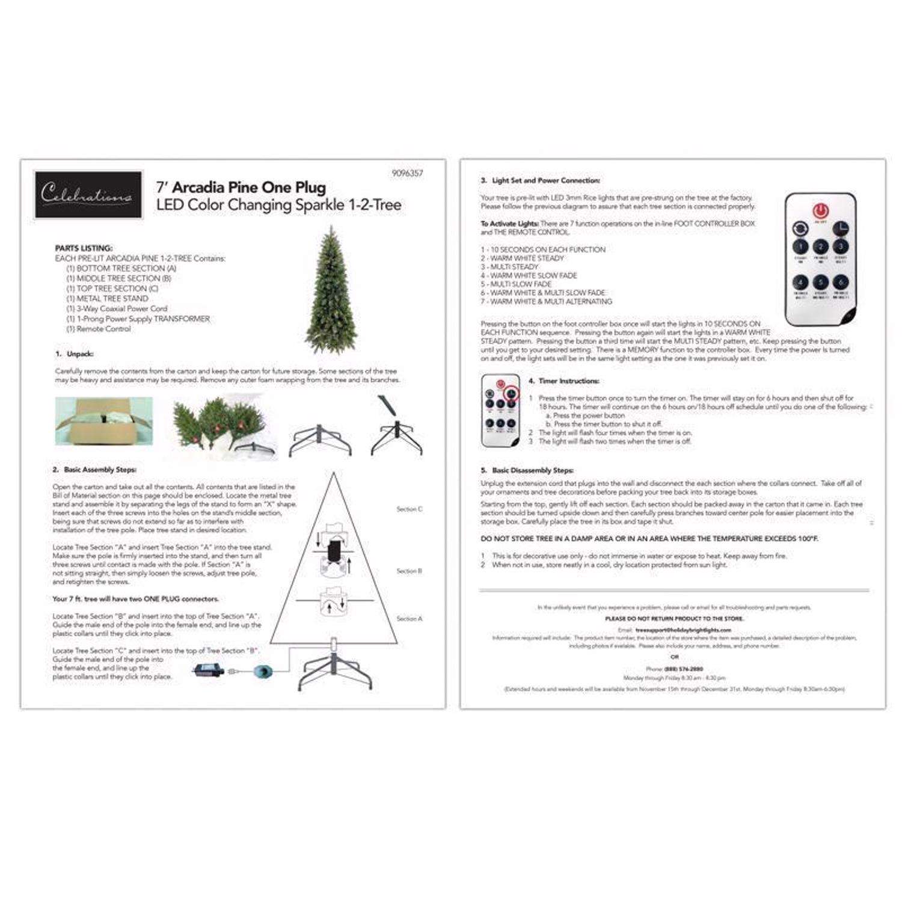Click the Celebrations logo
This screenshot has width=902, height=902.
click(88, 194)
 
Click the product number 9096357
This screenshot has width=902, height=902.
click(407, 173)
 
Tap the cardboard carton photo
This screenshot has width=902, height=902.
click(103, 421)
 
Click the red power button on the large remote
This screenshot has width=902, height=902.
click(821, 211)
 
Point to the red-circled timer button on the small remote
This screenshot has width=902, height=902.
click(511, 393)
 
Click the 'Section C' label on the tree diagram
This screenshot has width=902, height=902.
click(410, 509)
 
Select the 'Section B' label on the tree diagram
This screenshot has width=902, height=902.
click(410, 571)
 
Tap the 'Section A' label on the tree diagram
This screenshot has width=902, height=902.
click(410, 619)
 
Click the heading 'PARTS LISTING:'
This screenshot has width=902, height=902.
click(84, 248)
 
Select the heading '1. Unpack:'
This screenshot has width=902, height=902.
click(75, 354)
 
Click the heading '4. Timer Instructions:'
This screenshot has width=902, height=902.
click(563, 381)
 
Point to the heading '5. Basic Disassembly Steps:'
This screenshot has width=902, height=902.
click(527, 470)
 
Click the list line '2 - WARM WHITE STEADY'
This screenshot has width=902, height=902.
click(523, 258)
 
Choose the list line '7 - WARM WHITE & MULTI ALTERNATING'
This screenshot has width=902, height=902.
click(546, 301)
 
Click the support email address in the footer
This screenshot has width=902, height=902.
click(683, 630)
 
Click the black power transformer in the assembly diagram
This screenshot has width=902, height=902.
click(208, 670)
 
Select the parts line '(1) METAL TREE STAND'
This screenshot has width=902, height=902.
click(107, 298)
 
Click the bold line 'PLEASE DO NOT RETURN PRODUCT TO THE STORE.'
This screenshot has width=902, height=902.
click(674, 618)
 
